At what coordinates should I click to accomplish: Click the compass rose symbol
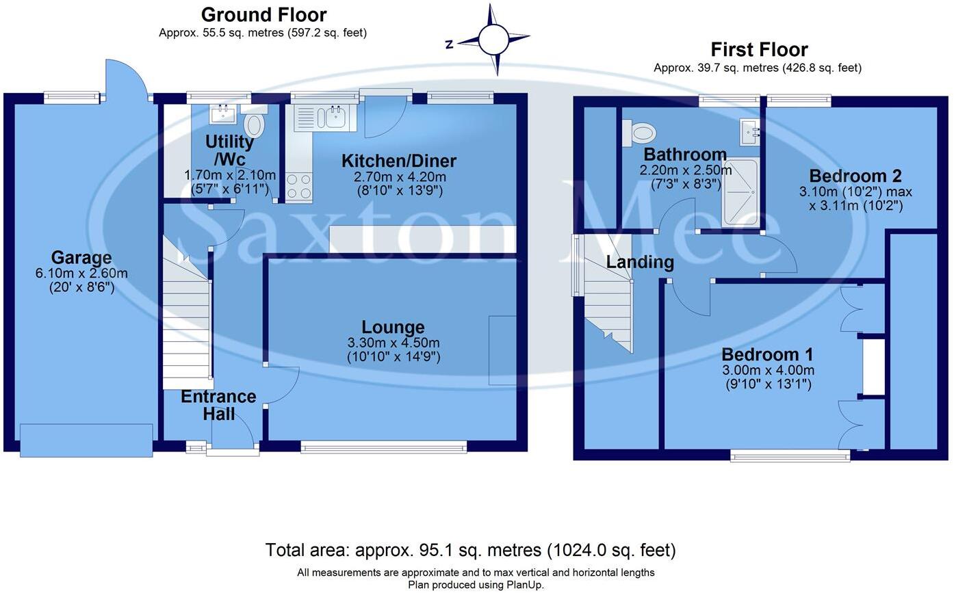click(x=493, y=40)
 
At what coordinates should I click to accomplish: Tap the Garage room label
click(x=81, y=258)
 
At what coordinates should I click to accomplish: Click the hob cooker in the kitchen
click(x=298, y=185)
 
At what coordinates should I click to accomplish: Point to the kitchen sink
click(x=335, y=117)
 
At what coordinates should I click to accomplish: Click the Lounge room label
click(x=393, y=328)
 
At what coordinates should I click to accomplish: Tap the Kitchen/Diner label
click(x=398, y=161)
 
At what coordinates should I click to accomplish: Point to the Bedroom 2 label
click(x=855, y=176)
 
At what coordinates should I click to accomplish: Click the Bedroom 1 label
click(x=767, y=355)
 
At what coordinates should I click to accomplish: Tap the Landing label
click(x=640, y=262)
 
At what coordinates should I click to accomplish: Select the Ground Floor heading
click(x=263, y=14)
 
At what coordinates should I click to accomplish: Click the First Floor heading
click(x=759, y=49)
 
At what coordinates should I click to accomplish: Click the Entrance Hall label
click(x=218, y=405)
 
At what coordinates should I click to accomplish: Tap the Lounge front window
click(x=383, y=447)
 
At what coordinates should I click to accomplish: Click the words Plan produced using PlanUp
click(x=476, y=585)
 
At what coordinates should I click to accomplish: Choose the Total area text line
click(x=470, y=550)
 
